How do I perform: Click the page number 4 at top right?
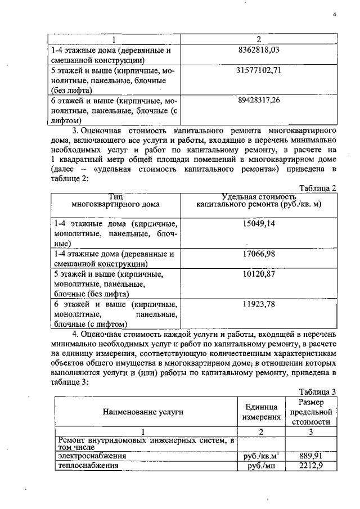[334, 15]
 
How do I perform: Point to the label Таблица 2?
[318, 188]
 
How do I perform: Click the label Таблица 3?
[318, 392]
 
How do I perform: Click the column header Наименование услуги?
[143, 412]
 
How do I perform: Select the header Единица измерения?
[262, 412]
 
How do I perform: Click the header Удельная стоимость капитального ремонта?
[259, 201]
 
